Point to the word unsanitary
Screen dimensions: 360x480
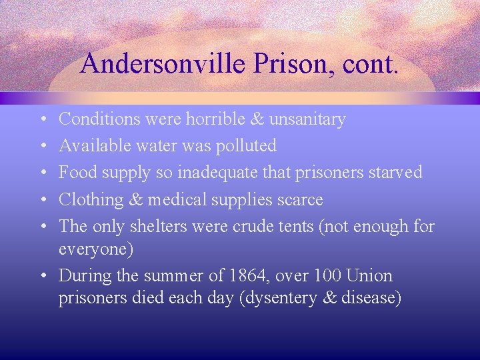[x=311, y=119]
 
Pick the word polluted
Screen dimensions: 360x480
[x=244, y=145]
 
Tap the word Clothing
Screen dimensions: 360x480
[x=91, y=199]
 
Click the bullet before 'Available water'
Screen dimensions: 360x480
[x=43, y=146]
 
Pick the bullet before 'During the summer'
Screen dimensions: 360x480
[x=43, y=275]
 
